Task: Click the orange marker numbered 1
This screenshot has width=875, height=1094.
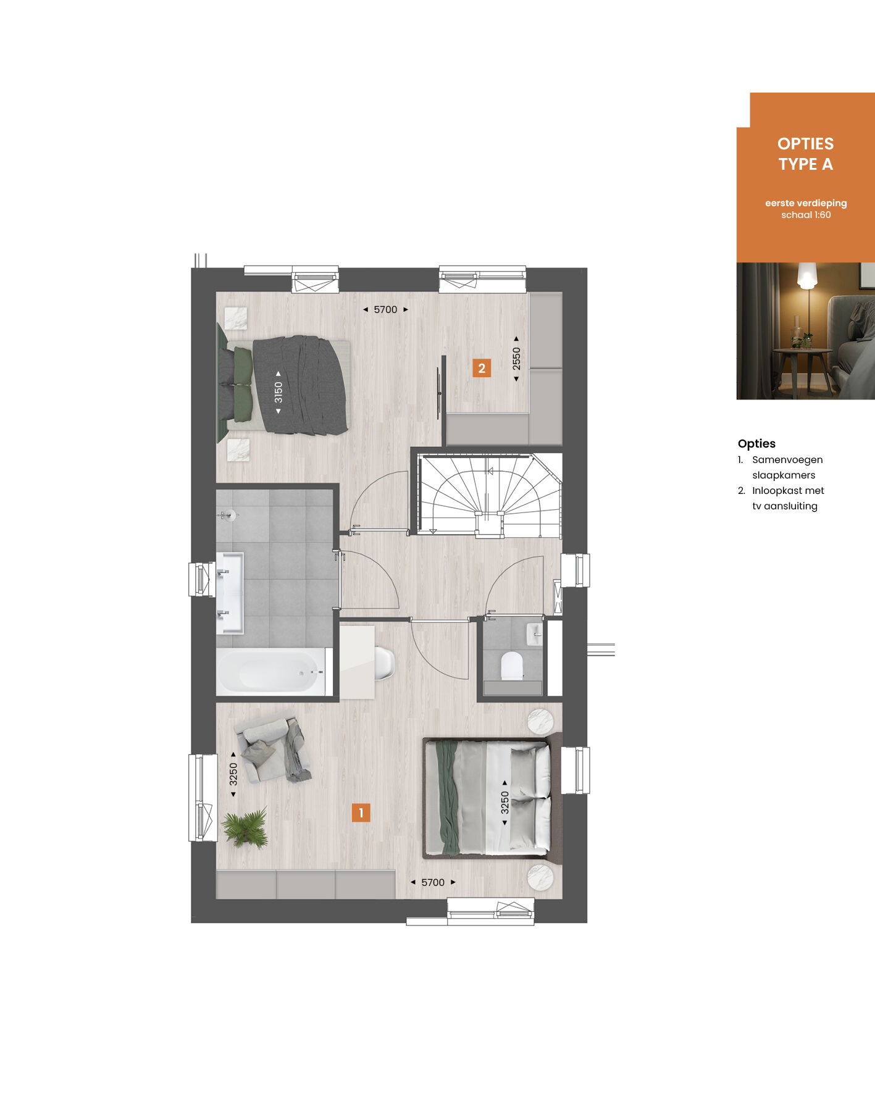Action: coord(361,812)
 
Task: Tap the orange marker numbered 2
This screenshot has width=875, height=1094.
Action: coord(482,368)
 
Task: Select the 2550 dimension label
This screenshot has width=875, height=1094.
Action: coord(516,359)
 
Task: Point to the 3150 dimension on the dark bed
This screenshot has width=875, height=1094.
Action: coord(278,392)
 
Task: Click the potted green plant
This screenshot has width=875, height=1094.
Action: coord(246,827)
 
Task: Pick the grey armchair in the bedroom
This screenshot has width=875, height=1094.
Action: coord(273,750)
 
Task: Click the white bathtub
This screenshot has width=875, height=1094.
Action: coord(272,672)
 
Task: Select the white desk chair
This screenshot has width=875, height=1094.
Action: coord(384,663)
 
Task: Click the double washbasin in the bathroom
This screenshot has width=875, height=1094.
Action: coord(230,593)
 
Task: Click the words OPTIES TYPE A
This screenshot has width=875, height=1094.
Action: coord(805,154)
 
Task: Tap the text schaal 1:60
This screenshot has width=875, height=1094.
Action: coord(806,215)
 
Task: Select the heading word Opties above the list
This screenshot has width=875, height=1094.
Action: coord(756,443)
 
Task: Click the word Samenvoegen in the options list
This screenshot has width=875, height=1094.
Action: coord(787,460)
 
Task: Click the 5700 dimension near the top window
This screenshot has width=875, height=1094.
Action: coord(385,309)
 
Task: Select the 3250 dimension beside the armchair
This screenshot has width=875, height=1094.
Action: coord(233,774)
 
